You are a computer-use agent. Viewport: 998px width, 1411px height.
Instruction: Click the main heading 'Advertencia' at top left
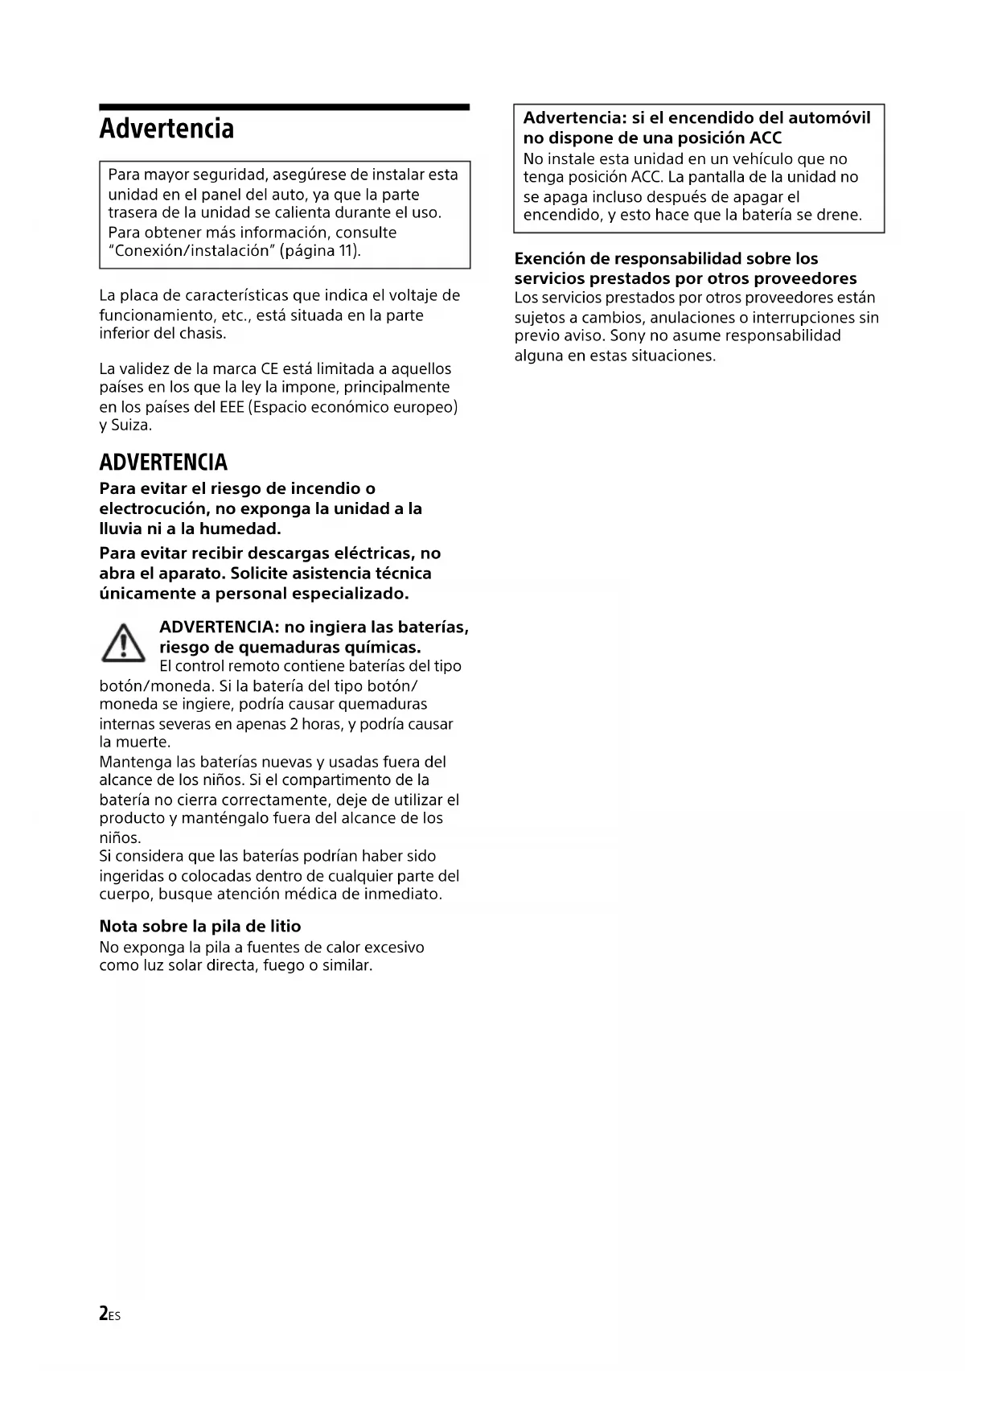click(166, 129)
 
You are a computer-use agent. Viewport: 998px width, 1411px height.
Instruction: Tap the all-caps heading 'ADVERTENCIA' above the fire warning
click(163, 463)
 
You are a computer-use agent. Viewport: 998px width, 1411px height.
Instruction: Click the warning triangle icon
click(123, 644)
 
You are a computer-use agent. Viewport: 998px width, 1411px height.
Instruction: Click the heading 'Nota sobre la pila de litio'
click(200, 926)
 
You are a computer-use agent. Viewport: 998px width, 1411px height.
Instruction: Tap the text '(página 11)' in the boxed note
click(320, 251)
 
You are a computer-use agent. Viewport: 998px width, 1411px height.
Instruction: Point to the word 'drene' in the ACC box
click(839, 216)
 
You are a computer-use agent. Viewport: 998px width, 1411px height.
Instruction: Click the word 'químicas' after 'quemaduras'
click(382, 648)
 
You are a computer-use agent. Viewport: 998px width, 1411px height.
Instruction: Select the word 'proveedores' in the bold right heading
click(808, 279)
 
